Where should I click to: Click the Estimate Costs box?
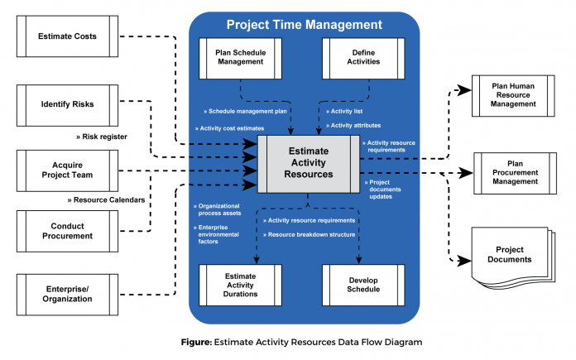click(x=68, y=36)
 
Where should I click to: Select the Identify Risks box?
click(x=68, y=104)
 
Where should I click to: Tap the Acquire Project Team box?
click(x=68, y=170)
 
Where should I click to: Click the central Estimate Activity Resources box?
click(x=308, y=163)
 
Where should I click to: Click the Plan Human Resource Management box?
click(x=512, y=97)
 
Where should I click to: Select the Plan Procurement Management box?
click(x=512, y=173)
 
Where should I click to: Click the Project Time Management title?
click(x=305, y=25)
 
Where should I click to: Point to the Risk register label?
click(x=104, y=137)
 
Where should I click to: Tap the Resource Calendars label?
click(x=106, y=199)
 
